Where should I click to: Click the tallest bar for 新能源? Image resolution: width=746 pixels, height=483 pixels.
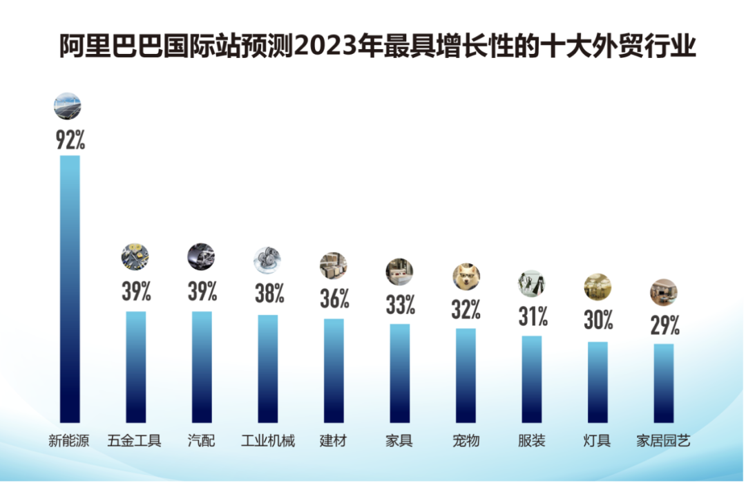(70, 288)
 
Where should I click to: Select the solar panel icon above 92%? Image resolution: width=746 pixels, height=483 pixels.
(68, 106)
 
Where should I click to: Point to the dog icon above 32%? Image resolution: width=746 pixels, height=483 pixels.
(466, 277)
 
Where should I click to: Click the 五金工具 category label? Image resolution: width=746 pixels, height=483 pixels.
(135, 441)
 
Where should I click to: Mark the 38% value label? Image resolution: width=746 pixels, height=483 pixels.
(268, 293)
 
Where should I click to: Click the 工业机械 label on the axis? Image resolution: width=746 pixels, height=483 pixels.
(268, 441)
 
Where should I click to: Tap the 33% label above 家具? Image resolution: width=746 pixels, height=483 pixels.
(400, 303)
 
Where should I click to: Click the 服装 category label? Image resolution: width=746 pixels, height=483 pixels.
(532, 441)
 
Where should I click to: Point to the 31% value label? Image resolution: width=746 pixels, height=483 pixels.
(533, 316)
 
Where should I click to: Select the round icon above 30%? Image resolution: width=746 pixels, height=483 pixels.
(597, 287)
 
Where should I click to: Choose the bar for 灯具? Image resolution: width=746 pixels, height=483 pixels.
(598, 381)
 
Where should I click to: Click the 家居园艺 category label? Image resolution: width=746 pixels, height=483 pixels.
(664, 441)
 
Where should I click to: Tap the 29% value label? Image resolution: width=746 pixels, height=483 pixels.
(664, 324)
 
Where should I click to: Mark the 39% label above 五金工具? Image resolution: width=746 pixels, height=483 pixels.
(136, 291)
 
